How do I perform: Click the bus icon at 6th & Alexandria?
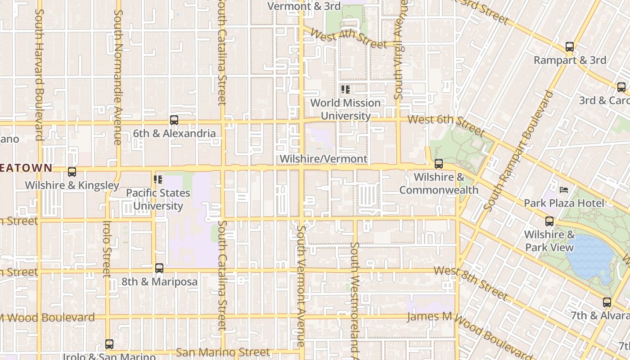(x=174, y=120)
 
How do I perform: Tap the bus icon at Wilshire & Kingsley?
(x=72, y=172)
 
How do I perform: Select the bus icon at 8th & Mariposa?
(x=159, y=268)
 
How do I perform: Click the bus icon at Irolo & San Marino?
(x=109, y=344)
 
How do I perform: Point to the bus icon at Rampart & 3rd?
(x=570, y=47)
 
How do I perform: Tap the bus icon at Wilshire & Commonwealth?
(x=439, y=164)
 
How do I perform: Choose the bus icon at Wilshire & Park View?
(x=549, y=221)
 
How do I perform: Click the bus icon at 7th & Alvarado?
(x=607, y=302)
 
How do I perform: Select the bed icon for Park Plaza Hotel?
(x=564, y=190)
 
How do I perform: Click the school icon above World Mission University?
(x=345, y=90)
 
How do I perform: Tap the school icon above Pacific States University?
(x=158, y=180)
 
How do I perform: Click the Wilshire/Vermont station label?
(x=323, y=159)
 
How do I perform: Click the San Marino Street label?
(x=223, y=352)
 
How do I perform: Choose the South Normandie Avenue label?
(x=118, y=76)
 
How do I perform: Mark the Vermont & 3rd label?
(x=298, y=6)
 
